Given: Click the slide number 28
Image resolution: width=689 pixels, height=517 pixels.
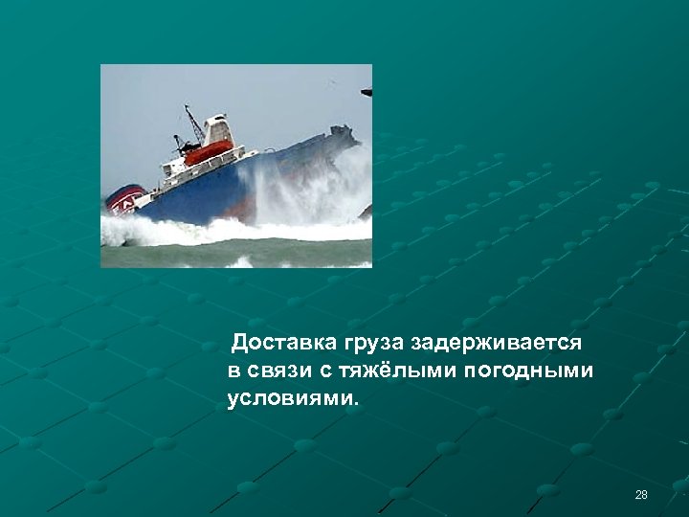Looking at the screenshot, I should [x=641, y=495].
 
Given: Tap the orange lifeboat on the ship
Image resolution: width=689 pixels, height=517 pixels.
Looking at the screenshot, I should [x=209, y=151].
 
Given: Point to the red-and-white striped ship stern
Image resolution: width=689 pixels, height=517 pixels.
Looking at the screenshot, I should [x=124, y=202].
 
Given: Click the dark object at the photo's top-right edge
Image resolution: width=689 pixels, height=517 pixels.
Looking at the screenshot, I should [x=367, y=92].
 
